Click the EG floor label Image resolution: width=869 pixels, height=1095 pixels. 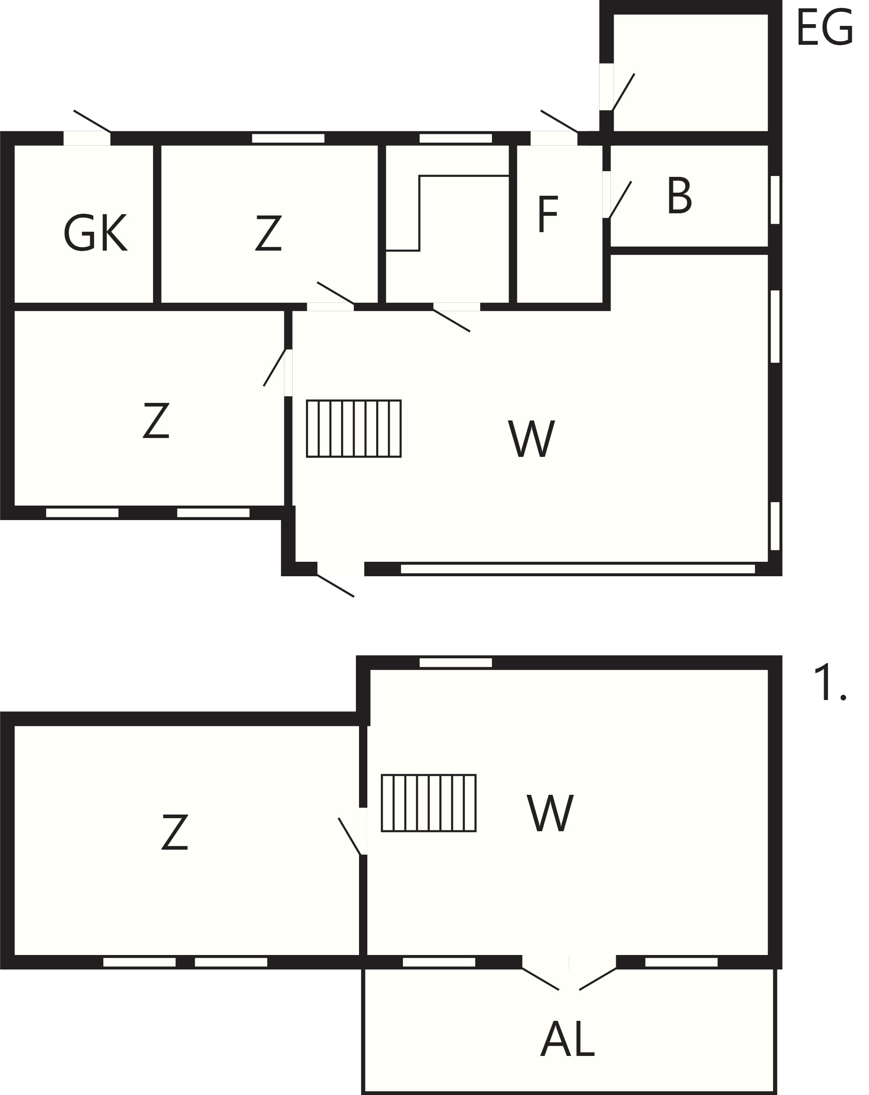(824, 29)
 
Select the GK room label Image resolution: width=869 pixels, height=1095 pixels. (95, 233)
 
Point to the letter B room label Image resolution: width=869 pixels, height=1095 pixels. (679, 196)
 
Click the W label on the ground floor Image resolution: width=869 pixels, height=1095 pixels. (531, 439)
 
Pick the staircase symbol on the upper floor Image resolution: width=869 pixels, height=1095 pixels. (429, 803)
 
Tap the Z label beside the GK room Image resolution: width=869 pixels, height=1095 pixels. (268, 233)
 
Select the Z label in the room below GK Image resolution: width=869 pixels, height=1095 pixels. (156, 420)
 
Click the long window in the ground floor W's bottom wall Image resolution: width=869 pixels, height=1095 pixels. (578, 569)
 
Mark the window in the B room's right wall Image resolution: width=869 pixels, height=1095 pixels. (775, 200)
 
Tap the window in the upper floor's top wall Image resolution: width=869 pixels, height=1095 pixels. (456, 662)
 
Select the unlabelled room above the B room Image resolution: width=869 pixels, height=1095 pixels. (691, 72)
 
